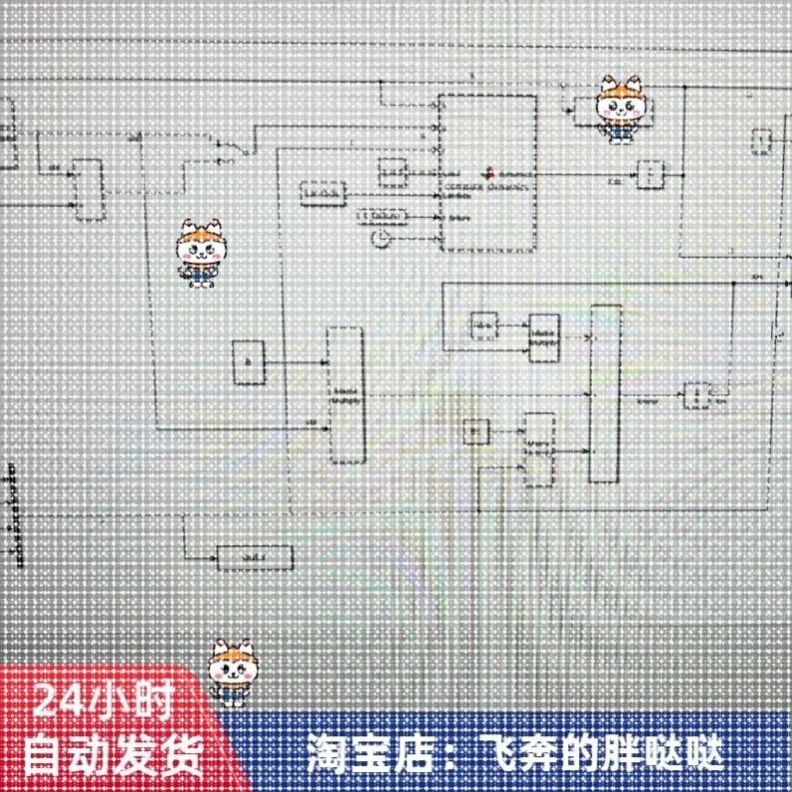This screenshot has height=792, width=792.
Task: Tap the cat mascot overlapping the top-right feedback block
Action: coord(621,109)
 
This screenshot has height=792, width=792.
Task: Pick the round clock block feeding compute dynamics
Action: coord(381,238)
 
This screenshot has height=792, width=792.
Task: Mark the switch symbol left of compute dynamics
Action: coord(227,147)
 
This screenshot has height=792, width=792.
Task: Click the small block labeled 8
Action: coord(249,362)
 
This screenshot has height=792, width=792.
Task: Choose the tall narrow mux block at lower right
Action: coord(605,394)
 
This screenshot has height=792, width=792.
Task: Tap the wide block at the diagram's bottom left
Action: coord(255,556)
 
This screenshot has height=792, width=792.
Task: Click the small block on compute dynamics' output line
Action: coord(650,175)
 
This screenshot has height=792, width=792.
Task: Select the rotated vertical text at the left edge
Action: coord(16,514)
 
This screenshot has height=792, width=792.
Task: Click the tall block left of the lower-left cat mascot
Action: coord(89,189)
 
